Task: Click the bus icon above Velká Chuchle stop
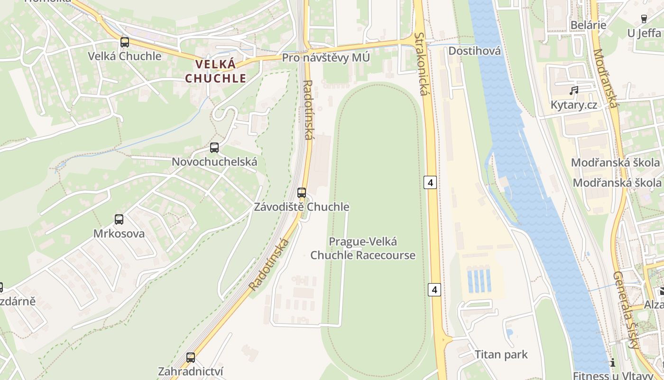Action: click(125, 42)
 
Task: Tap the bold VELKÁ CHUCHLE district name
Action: click(216, 71)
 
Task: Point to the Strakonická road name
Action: click(421, 64)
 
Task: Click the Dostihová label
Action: click(474, 51)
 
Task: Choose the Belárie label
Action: click(588, 25)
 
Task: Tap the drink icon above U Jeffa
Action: click(644, 19)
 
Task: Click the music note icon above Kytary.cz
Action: click(574, 90)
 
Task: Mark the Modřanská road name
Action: click(605, 78)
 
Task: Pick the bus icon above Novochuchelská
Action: click(214, 148)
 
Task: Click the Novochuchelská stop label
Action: click(214, 162)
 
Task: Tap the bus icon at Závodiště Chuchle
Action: click(302, 193)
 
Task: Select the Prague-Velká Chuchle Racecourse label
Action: click(363, 248)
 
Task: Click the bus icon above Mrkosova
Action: click(119, 219)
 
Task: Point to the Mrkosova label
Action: click(119, 234)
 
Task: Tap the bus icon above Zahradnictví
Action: click(191, 358)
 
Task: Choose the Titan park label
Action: click(501, 355)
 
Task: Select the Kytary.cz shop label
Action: click(574, 105)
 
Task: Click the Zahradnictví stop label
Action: click(191, 371)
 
